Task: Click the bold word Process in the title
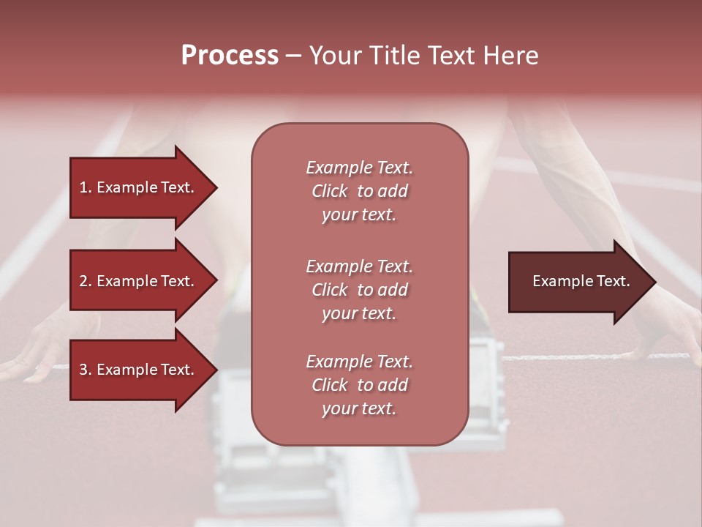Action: [230, 56]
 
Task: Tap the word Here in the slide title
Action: [511, 56]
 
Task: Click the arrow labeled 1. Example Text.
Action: [139, 187]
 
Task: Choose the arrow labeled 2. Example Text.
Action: [139, 281]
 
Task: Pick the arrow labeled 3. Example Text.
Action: [139, 370]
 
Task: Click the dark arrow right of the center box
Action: [578, 281]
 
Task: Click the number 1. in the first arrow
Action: [86, 187]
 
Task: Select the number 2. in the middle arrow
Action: [86, 281]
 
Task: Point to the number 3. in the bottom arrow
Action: [86, 370]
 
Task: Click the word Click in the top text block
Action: [330, 191]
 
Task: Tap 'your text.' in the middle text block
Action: [359, 313]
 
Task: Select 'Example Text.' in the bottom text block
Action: [359, 362]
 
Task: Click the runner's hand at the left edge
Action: [29, 366]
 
